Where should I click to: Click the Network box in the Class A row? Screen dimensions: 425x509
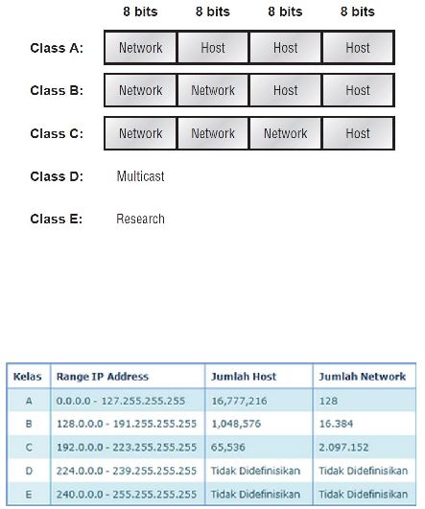[140, 48]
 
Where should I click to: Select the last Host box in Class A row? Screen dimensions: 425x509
[358, 48]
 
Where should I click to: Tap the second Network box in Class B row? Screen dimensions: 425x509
[213, 90]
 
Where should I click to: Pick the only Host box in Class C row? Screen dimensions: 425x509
[358, 133]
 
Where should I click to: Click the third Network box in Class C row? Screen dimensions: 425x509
[285, 133]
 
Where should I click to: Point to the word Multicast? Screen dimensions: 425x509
[140, 176]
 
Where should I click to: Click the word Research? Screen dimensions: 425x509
[140, 219]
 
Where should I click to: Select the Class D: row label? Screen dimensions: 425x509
[57, 176]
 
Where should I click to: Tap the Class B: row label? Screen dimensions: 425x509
[57, 90]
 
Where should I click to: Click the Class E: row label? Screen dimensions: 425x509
[57, 219]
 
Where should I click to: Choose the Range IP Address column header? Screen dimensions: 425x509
[103, 377]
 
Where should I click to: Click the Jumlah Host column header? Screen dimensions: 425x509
[244, 377]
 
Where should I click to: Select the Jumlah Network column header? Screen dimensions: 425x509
[363, 377]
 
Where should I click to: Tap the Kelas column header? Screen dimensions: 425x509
[28, 377]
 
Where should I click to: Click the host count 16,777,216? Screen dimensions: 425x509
[239, 401]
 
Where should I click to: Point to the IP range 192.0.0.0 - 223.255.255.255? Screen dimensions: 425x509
[127, 448]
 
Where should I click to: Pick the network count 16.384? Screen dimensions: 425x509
[336, 424]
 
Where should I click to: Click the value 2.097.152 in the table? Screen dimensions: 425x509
[343, 448]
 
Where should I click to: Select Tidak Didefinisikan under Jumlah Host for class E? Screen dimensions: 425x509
[255, 494]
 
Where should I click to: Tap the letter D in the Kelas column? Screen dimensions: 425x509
[29, 471]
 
